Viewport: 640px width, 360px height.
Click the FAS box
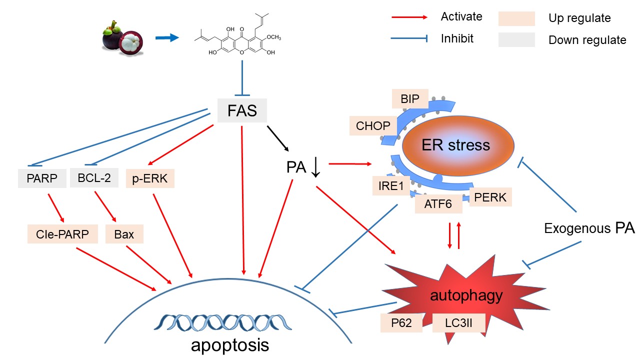point(242,110)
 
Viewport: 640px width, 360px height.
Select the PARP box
point(42,178)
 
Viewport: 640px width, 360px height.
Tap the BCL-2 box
point(94,177)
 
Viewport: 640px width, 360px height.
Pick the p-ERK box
point(150,178)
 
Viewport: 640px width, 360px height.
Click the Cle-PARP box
point(62,234)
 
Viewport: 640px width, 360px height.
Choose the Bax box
point(124,234)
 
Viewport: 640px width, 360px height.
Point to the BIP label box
point(410,99)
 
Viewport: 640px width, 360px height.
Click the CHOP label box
point(373,125)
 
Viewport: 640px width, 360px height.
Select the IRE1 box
point(391,185)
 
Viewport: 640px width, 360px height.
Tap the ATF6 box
point(438,203)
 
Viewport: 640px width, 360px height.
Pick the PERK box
point(490,197)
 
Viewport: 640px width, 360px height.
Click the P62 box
point(401,323)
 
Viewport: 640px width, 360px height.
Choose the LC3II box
point(459,323)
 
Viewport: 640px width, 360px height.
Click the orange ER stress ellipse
point(458,145)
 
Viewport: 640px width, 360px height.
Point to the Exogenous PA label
point(589,228)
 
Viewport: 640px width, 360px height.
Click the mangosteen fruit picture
point(123,38)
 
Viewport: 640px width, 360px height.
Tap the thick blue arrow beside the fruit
point(167,37)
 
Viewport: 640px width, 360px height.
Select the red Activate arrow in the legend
point(409,17)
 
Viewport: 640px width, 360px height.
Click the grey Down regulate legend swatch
point(516,39)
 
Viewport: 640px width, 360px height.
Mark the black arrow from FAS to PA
point(278,138)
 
